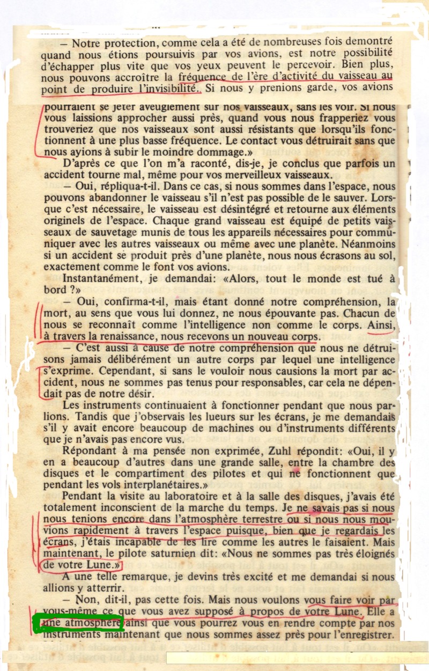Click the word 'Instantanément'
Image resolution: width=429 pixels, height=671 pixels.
click(99, 278)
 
